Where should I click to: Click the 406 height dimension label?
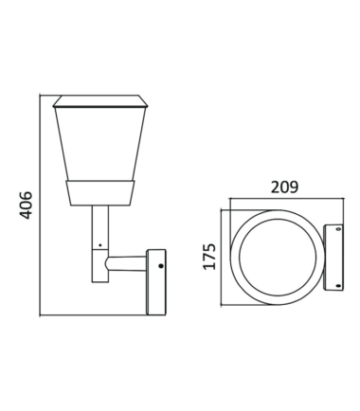click(x=26, y=205)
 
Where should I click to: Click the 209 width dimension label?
click(x=284, y=188)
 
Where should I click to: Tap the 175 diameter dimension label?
click(x=209, y=257)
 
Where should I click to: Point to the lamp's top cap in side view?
click(x=100, y=101)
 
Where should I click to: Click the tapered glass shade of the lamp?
click(x=100, y=144)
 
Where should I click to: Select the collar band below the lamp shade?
click(x=100, y=193)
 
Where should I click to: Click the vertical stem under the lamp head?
click(x=100, y=227)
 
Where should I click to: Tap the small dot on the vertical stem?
click(x=100, y=245)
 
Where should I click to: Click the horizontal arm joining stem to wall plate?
click(x=126, y=263)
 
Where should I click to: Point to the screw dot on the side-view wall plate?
click(x=161, y=266)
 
